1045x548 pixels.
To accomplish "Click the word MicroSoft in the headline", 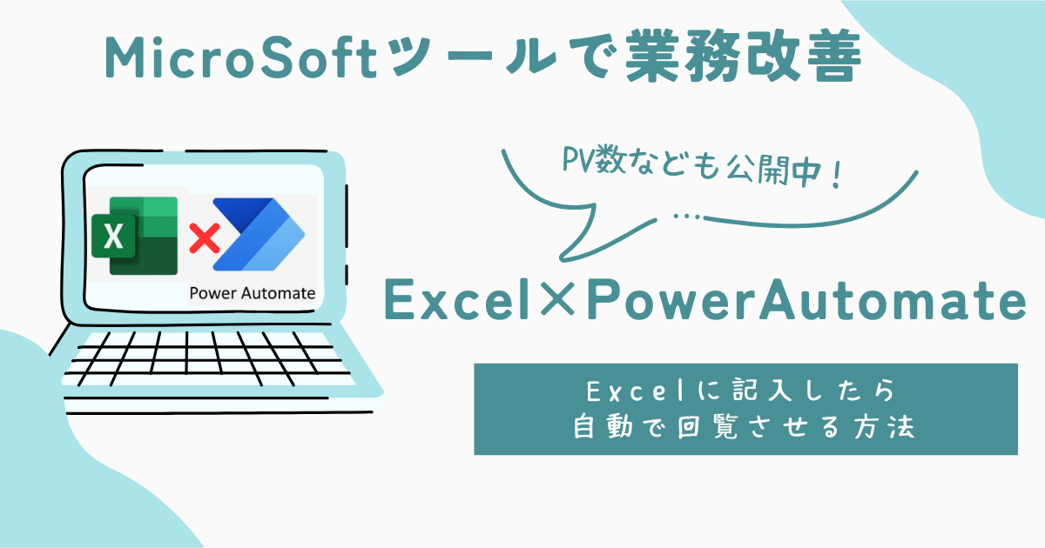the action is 240,57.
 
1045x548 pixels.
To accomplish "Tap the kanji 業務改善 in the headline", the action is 743,56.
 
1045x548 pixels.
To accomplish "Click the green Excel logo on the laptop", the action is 135,236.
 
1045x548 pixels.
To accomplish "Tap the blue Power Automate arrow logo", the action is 259,234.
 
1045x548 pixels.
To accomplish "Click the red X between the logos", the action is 205,238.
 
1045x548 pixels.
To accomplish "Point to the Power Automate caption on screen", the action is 252,293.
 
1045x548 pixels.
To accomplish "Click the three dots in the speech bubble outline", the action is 687,217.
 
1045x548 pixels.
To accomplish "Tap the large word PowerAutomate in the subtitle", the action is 806,300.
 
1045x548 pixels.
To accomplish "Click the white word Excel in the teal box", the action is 635,391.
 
